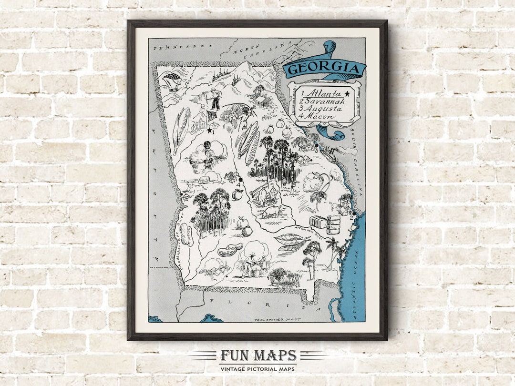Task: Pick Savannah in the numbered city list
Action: (326, 101)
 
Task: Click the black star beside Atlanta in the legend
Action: (347, 93)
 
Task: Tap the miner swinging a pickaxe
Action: (247, 114)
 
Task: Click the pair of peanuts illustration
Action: (230, 249)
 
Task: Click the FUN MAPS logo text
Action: (258, 356)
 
